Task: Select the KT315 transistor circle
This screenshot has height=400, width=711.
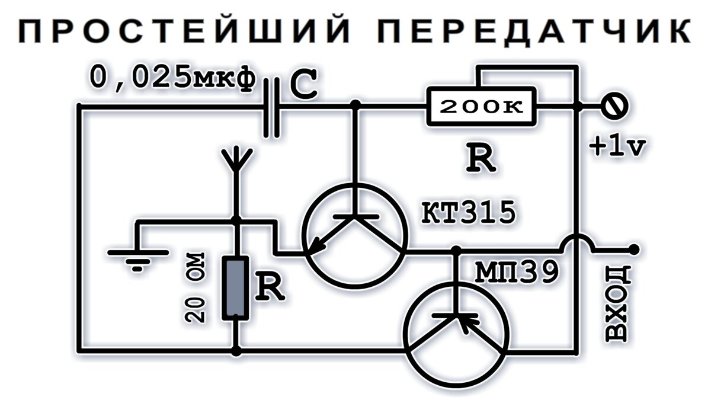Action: click(x=354, y=235)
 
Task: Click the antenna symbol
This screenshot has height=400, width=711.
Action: click(x=236, y=163)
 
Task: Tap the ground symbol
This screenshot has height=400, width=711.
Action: click(x=137, y=258)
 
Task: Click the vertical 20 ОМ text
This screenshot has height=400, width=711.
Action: click(x=196, y=287)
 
